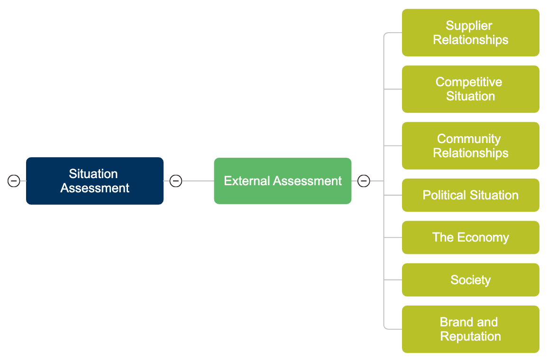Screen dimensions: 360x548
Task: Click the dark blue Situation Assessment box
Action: (95, 181)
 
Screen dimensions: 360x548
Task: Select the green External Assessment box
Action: (283, 181)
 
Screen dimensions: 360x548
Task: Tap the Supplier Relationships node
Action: (470, 33)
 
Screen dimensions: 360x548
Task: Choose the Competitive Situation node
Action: (470, 89)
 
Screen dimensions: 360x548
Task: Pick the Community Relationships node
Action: (470, 146)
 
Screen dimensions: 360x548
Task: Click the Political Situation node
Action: (470, 195)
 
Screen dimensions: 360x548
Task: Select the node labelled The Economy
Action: (470, 237)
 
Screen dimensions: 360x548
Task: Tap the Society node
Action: (470, 280)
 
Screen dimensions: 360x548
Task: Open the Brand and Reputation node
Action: (470, 329)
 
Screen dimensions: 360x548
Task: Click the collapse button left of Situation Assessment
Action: (14, 181)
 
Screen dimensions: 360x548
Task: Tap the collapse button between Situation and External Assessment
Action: (176, 181)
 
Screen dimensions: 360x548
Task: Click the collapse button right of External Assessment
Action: (364, 181)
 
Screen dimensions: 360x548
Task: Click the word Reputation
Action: (470, 336)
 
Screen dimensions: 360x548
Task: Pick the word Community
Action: (469, 139)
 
